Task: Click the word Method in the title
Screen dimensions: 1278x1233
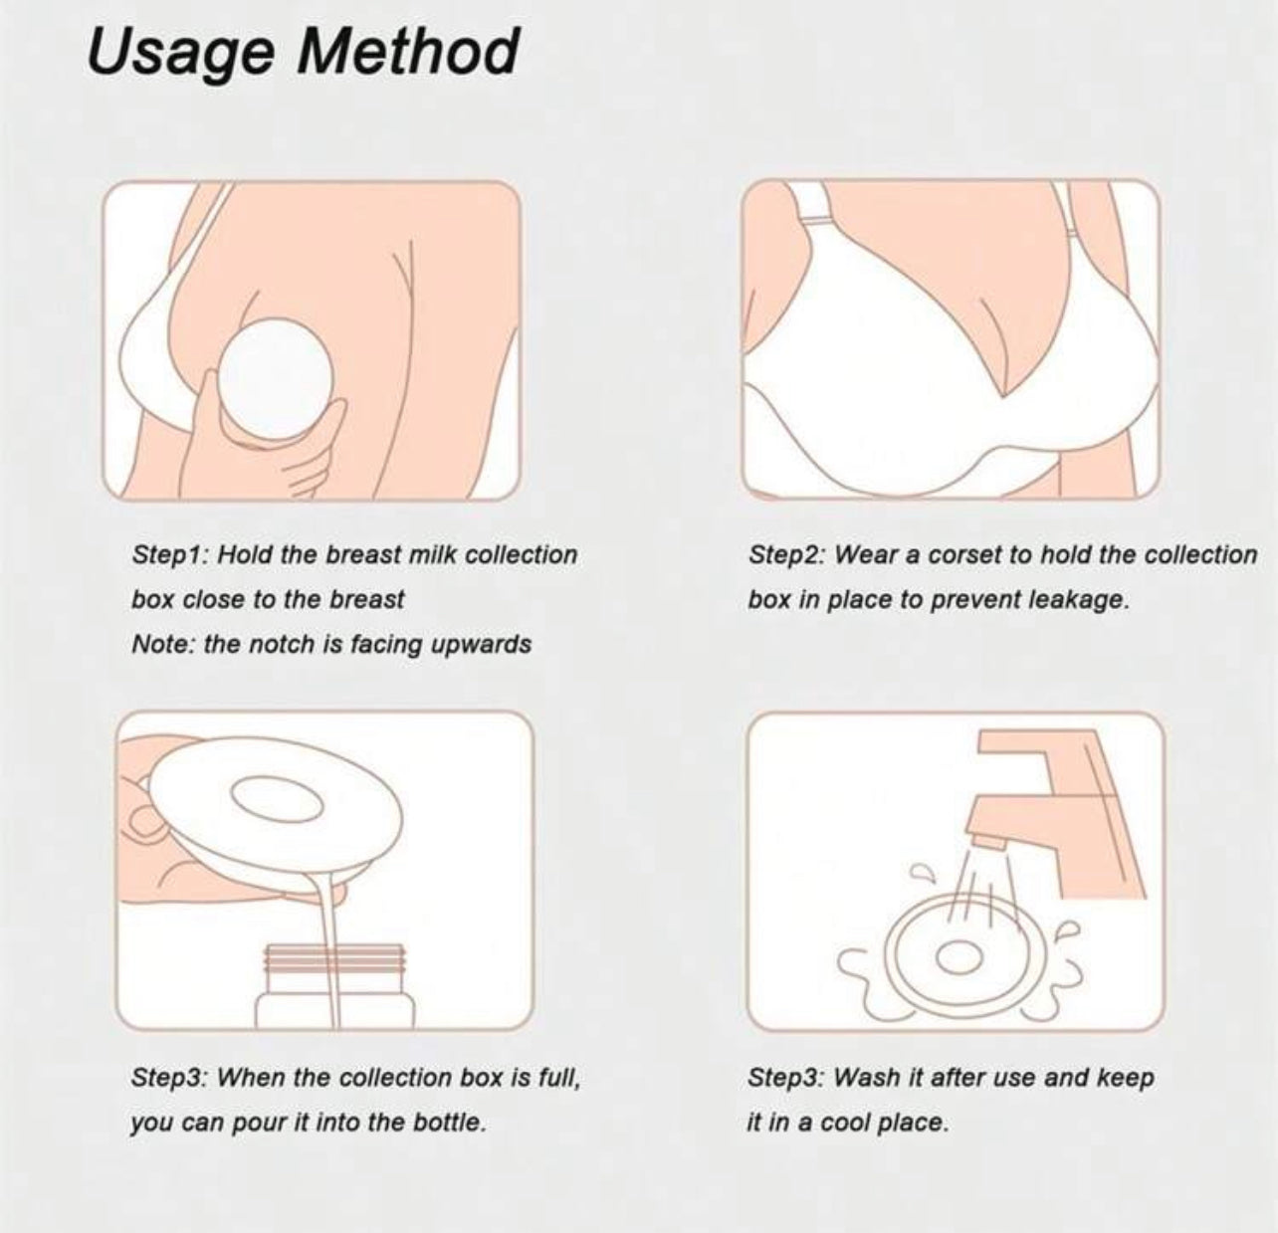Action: click(x=408, y=51)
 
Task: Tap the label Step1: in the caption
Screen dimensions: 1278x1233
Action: click(x=170, y=555)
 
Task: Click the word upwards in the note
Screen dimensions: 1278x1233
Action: click(x=480, y=645)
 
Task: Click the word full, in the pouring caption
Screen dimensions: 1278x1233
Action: click(x=559, y=1078)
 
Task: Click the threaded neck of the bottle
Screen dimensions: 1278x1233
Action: click(x=334, y=960)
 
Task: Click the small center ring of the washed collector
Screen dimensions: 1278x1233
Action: click(x=958, y=958)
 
